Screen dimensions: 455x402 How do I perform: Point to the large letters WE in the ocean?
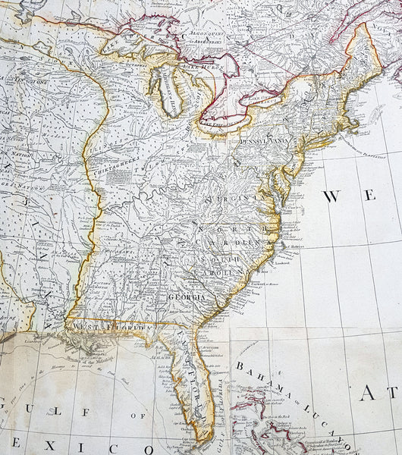point(350,196)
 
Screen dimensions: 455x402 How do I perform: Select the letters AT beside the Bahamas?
point(384,394)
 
